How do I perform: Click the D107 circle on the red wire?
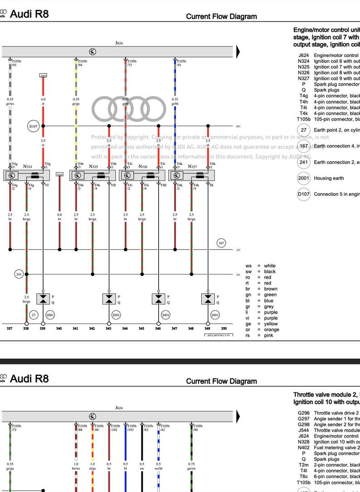(x=34, y=126)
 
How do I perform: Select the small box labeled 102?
(x=43, y=76)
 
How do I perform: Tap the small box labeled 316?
(x=59, y=174)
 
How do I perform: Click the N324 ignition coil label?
(x=28, y=167)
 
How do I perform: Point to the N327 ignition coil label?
(x=192, y=167)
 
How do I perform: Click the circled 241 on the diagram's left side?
(x=19, y=274)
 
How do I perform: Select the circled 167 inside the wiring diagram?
(x=221, y=243)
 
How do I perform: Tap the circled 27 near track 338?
(x=34, y=315)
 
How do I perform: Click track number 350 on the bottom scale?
(x=224, y=328)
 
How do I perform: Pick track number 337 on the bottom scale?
(x=10, y=328)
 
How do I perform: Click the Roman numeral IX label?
(x=211, y=185)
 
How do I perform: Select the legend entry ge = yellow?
(x=261, y=324)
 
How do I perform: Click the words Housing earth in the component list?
(x=329, y=178)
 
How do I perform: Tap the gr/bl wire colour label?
(x=175, y=104)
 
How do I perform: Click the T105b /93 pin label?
(x=16, y=63)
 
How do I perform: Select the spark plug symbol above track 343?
(x=109, y=299)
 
